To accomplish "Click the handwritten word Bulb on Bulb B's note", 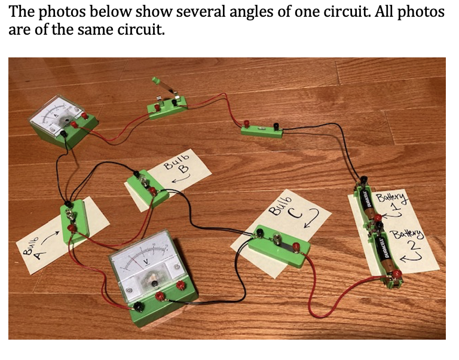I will (174, 164).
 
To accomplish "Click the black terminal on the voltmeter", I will (138, 306).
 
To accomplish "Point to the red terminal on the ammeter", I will (85, 117).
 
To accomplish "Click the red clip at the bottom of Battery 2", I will (396, 274).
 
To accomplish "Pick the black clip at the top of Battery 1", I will (363, 179).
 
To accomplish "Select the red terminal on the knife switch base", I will (157, 108).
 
